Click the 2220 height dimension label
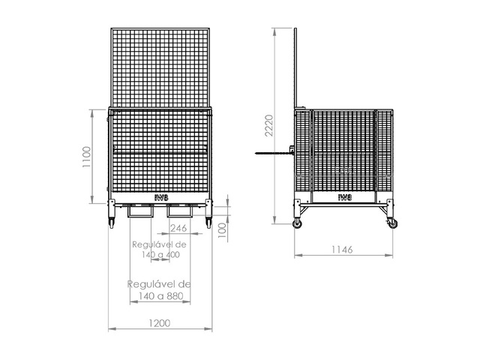(269, 125)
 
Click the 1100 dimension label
(87, 157)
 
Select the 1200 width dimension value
(160, 323)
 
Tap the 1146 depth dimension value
(342, 250)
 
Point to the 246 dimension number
(178, 228)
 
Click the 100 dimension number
(223, 230)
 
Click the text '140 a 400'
(160, 254)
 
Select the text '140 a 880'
(160, 296)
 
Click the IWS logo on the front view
(161, 198)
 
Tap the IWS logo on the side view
(345, 197)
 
